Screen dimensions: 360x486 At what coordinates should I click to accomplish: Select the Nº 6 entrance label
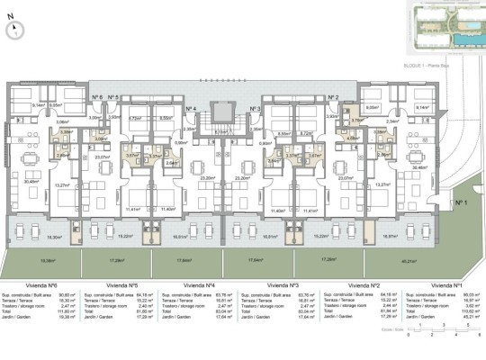tap(96, 96)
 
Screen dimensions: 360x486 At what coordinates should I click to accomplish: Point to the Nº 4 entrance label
tap(190, 109)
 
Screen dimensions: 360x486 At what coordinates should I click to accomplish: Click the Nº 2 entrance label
tap(332, 96)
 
